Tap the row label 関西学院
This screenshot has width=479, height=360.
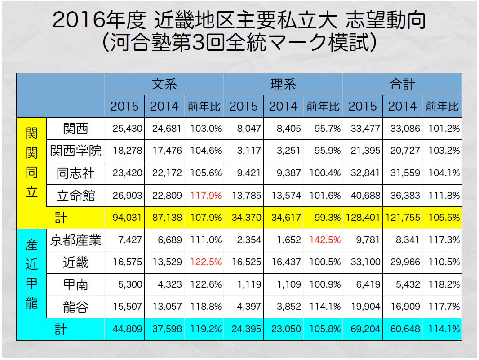point(75,151)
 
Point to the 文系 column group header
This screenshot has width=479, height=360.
point(164,84)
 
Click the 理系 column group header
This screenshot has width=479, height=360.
point(283,84)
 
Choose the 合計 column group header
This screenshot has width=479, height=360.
point(402,84)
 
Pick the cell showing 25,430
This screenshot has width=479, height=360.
point(125,129)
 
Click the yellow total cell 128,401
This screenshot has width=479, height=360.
point(363,218)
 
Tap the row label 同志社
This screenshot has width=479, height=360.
point(75,173)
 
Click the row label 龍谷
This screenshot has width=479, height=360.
point(75,307)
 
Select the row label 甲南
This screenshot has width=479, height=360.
point(75,284)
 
